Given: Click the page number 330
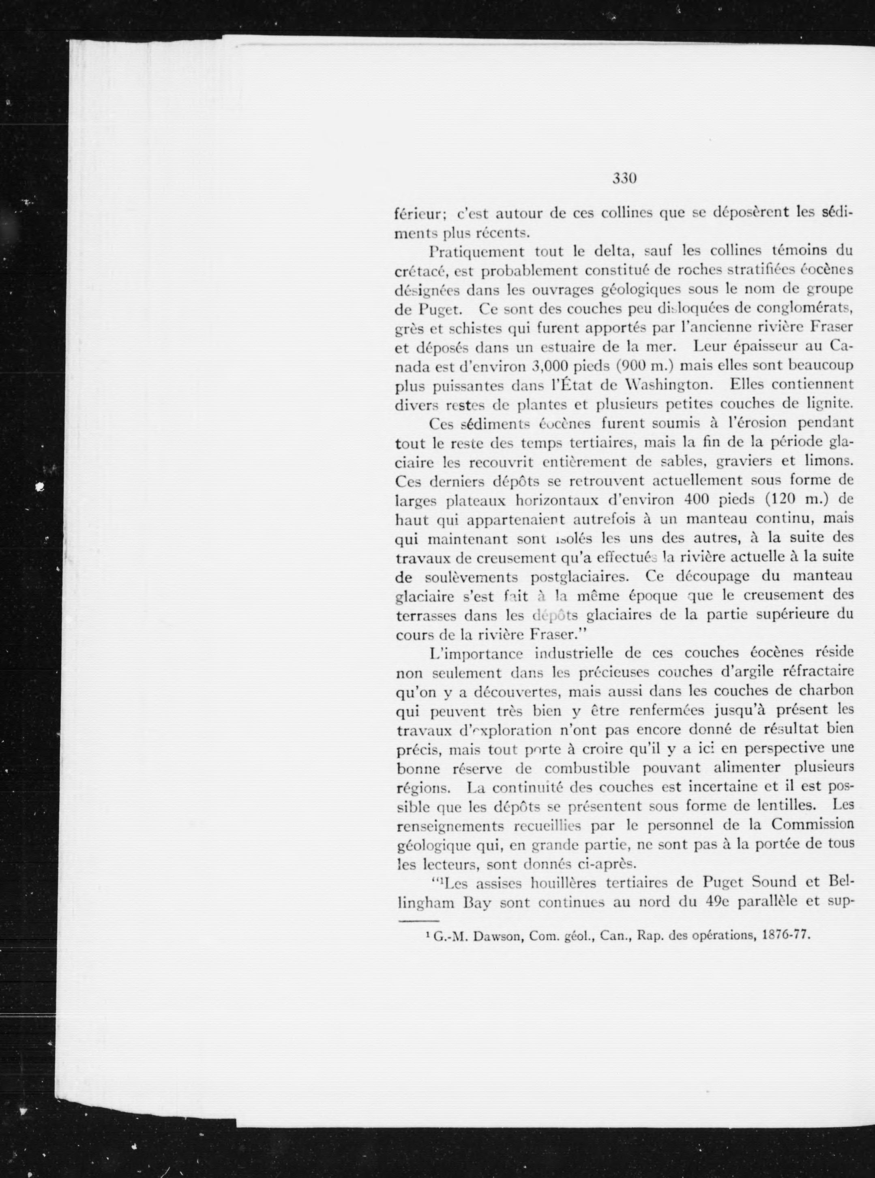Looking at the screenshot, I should (x=624, y=178).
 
